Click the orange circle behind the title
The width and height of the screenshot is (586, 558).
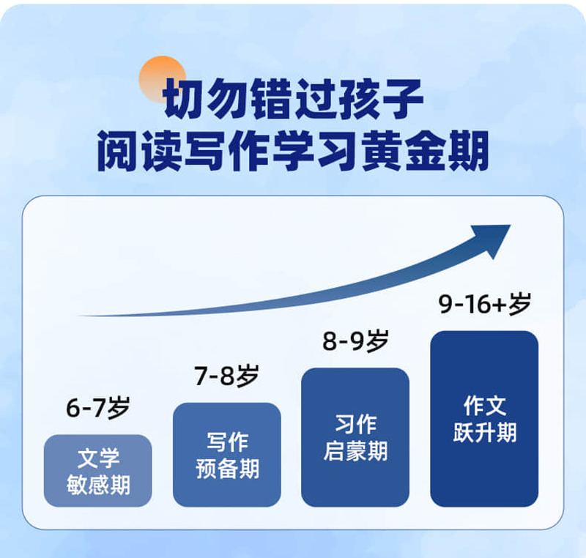(163, 80)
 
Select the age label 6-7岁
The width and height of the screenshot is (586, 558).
(98, 407)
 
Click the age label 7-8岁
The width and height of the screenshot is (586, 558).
(226, 376)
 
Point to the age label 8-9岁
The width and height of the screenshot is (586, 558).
(355, 341)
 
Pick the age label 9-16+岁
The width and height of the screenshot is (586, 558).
(485, 304)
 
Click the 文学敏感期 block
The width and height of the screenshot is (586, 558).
(98, 471)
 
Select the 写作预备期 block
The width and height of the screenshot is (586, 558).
(227, 455)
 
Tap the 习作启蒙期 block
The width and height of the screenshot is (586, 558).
(355, 437)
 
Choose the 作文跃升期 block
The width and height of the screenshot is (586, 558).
(484, 419)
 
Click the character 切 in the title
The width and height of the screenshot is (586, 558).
(185, 98)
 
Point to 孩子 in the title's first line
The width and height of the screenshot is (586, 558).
(380, 98)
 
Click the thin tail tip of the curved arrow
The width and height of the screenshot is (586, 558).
(78, 316)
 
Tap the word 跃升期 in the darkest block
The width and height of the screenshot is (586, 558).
(485, 433)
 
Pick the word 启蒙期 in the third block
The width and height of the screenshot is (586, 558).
(355, 451)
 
